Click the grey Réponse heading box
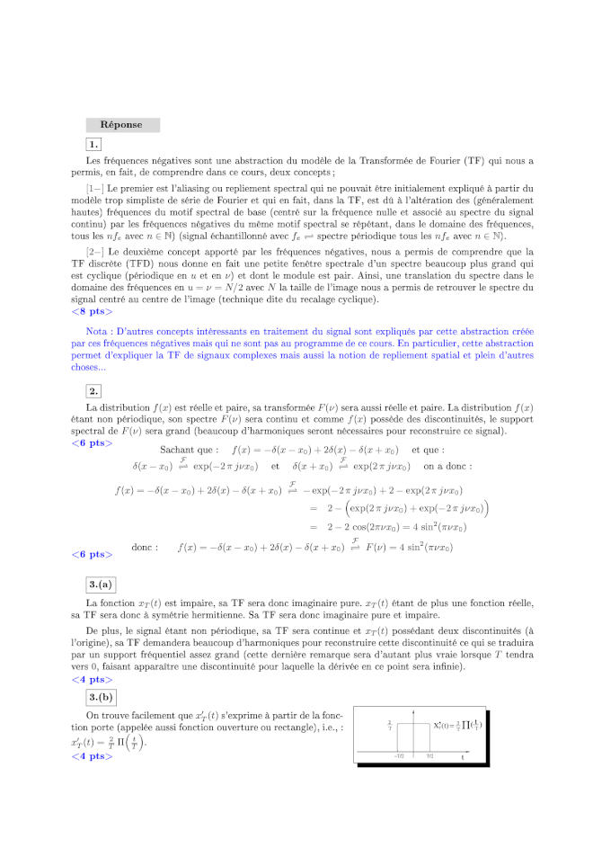122,125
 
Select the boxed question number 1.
93,145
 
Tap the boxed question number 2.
93,390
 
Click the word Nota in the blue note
98,332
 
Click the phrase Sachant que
189,450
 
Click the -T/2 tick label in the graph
397,756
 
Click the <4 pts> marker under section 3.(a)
92,681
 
